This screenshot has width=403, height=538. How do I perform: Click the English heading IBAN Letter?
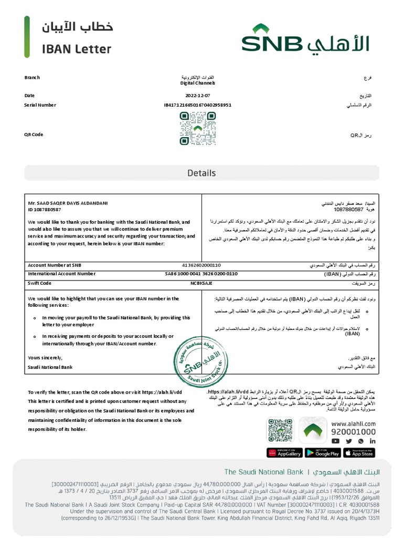click(x=77, y=49)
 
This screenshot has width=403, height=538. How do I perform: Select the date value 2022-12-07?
click(x=197, y=96)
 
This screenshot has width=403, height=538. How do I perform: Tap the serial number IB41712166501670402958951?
click(x=197, y=105)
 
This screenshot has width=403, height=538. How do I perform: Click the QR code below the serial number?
click(x=197, y=128)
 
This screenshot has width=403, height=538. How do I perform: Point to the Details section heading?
click(x=201, y=173)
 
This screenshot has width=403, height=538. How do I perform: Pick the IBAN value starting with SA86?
click(x=201, y=274)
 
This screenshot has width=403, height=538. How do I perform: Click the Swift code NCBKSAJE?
click(x=201, y=283)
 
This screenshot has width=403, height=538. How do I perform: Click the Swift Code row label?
click(x=39, y=283)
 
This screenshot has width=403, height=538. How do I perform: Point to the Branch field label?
click(x=32, y=78)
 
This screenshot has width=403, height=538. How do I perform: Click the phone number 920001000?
click(x=353, y=431)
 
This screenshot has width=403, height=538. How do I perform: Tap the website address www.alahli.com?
click(x=353, y=423)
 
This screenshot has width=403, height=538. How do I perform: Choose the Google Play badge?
click(x=322, y=452)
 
